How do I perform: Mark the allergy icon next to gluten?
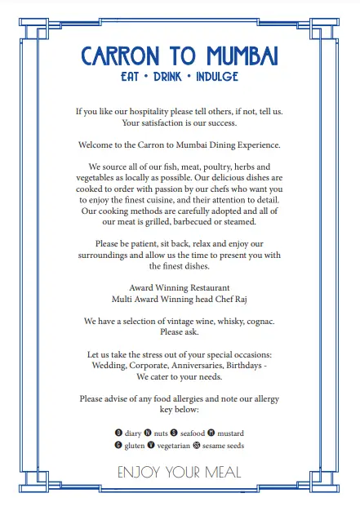pyautogui.click(x=118, y=446)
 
